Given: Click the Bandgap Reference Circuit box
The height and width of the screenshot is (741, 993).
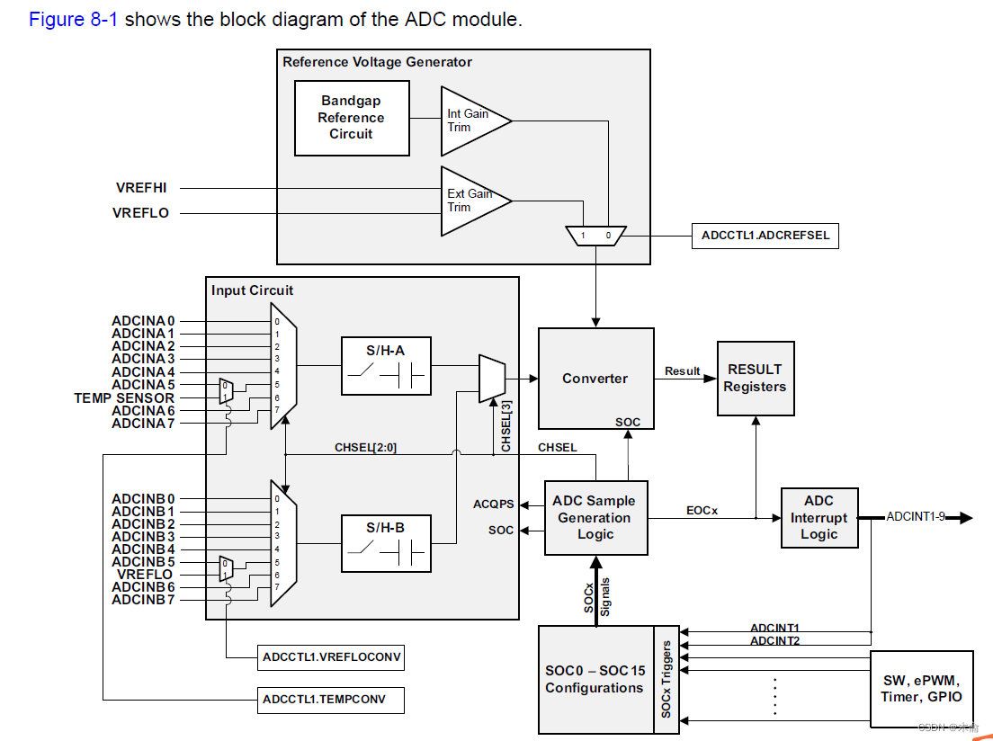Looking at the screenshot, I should point(351,118).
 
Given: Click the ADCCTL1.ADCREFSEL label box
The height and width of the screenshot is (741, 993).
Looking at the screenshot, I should point(765,237).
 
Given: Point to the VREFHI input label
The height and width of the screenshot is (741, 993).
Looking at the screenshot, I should point(141,188).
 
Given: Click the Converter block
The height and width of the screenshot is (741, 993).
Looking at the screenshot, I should point(595,379).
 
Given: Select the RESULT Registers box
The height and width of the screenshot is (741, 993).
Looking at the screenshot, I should point(756,378).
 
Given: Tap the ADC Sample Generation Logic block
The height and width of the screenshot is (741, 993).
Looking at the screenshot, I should point(595,517).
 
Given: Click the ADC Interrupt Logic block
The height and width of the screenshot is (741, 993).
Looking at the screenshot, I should point(819,517).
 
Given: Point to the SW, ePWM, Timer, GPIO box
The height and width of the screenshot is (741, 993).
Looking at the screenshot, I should point(922,689).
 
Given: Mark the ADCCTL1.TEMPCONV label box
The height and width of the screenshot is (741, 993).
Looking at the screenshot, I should point(330,699).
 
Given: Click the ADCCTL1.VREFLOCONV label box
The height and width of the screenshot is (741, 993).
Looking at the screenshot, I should point(330,657).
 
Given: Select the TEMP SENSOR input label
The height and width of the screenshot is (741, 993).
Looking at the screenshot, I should point(124,397).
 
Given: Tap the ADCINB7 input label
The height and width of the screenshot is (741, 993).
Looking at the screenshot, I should point(143,600).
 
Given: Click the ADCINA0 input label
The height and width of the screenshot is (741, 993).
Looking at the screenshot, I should point(143,320).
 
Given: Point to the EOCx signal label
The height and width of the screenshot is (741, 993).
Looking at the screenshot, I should point(702,510).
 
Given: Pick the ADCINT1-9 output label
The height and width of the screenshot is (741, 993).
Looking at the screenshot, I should point(915,517).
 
